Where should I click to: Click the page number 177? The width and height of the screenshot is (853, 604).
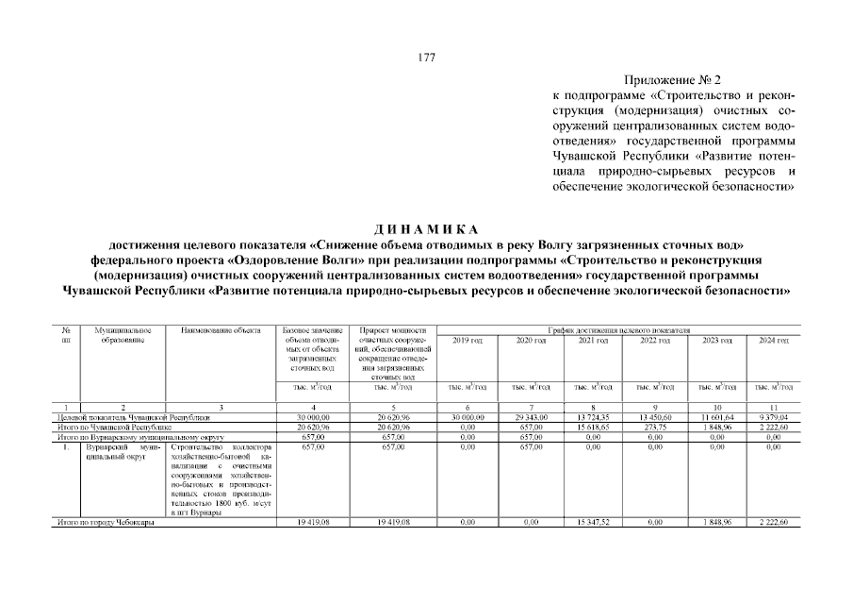426,58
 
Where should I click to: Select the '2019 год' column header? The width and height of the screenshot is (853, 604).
468,340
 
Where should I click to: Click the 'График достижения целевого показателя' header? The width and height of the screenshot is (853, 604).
621,330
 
